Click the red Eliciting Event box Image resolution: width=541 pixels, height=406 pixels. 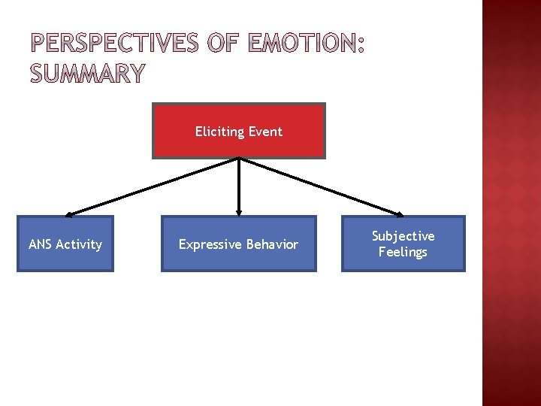239,131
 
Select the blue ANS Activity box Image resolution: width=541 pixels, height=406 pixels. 65,244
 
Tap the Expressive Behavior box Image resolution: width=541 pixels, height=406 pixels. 238,244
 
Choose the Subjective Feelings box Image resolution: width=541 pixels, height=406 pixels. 403,244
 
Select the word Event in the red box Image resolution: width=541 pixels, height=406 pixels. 264,132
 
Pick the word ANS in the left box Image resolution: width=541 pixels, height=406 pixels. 40,244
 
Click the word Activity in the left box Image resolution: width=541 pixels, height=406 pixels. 79,244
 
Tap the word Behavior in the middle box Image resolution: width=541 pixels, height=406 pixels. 272,244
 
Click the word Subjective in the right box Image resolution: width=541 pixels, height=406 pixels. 403,236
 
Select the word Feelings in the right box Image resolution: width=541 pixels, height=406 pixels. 403,252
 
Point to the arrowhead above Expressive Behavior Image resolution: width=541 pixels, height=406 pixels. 239,213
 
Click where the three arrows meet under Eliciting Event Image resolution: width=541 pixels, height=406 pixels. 239,159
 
